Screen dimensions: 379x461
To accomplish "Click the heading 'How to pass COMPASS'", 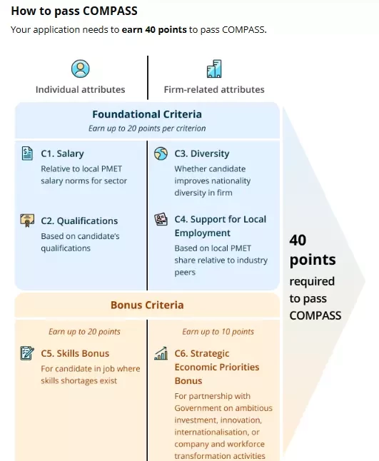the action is [74, 11].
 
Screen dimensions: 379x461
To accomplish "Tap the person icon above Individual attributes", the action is [80, 69].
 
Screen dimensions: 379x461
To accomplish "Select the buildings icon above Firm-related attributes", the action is [214, 69].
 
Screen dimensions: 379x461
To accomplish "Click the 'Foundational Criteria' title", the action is [147, 114].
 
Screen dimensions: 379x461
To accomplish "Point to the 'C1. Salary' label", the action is [62, 153].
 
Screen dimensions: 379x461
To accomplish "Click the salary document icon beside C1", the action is [27, 153].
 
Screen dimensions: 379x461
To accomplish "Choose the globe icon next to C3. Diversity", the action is [161, 153].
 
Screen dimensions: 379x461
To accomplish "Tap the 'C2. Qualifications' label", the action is [79, 221].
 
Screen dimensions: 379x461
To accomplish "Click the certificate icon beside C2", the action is [27, 221].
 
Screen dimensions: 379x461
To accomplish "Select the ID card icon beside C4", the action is [161, 219].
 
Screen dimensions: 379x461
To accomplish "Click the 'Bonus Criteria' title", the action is [147, 305].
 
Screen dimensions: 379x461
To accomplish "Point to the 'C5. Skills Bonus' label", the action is [75, 353].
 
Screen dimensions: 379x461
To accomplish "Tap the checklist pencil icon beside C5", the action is [27, 353].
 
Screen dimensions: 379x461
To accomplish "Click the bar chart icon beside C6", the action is [161, 353].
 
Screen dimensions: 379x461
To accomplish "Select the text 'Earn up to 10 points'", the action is [218, 332].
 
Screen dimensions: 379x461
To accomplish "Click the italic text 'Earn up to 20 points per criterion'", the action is [147, 128].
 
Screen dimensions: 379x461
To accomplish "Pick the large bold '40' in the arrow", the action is [298, 240].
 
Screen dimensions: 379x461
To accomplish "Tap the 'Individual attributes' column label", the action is [80, 89].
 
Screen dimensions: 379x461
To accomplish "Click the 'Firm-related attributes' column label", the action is [214, 89].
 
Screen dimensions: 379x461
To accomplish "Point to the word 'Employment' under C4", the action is [202, 233].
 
